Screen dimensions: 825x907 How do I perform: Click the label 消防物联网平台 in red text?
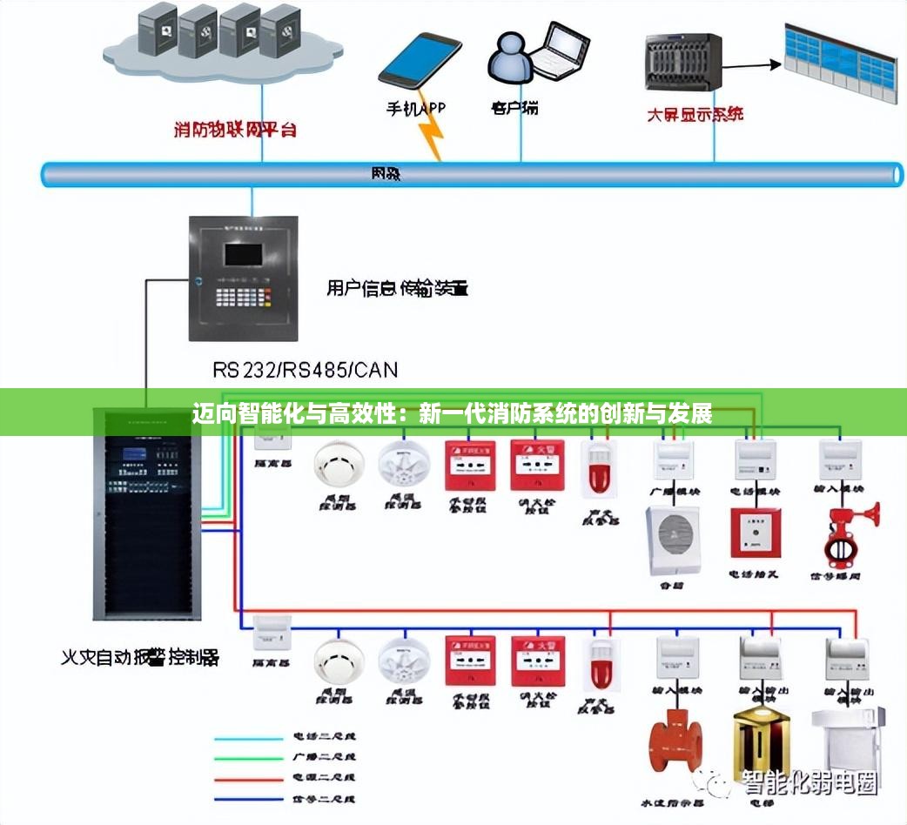pyautogui.click(x=235, y=131)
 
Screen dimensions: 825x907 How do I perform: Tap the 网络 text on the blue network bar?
pyautogui.click(x=386, y=174)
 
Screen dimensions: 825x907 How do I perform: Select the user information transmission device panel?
pyautogui.click(x=243, y=278)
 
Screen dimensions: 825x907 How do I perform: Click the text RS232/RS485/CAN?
pyautogui.click(x=305, y=370)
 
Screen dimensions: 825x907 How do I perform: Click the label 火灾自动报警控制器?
pyautogui.click(x=139, y=658)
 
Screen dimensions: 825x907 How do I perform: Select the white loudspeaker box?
pyautogui.click(x=674, y=540)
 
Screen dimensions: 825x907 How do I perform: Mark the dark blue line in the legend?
pyautogui.click(x=251, y=797)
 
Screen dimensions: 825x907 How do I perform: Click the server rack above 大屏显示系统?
pyautogui.click(x=684, y=62)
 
